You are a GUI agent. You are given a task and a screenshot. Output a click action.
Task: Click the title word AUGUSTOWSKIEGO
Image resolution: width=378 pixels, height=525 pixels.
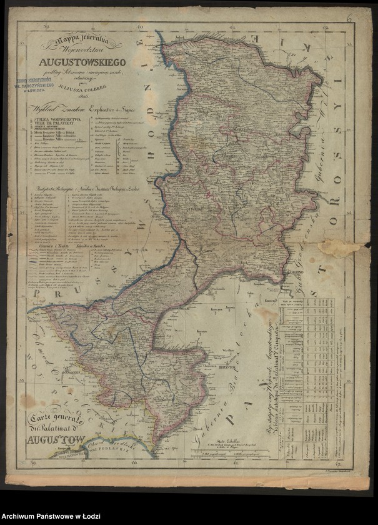82,62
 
